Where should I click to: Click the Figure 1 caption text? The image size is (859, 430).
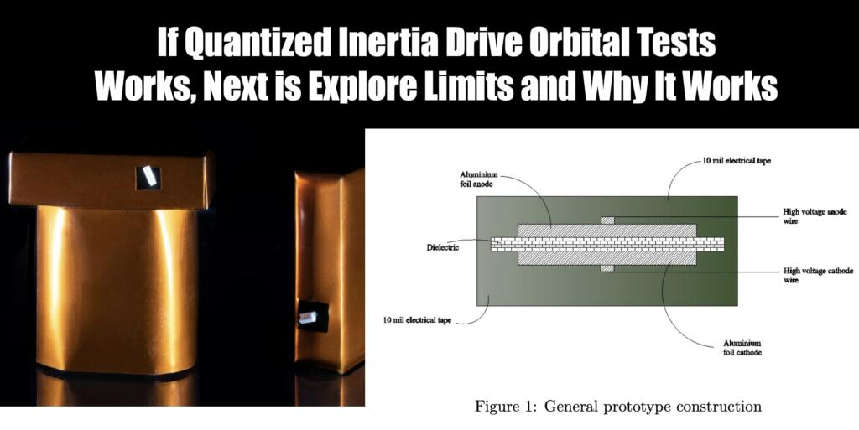pyautogui.click(x=618, y=407)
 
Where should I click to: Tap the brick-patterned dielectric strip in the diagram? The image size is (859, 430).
pyautogui.click(x=607, y=244)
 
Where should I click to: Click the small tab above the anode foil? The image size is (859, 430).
pyautogui.click(x=607, y=220)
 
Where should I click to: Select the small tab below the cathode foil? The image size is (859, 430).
pyautogui.click(x=607, y=269)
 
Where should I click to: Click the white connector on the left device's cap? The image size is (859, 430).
pyautogui.click(x=149, y=175)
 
